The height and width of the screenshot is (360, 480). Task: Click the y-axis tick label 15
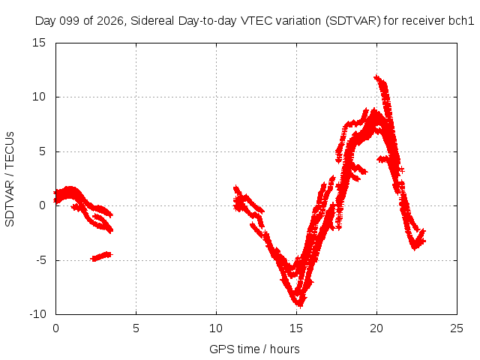coord(39,43)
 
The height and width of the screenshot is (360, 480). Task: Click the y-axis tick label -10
coord(37,314)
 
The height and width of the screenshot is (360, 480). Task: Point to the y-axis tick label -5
coord(40,260)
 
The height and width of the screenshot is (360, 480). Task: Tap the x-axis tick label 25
coord(457,328)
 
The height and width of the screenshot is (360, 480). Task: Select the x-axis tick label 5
coord(136,328)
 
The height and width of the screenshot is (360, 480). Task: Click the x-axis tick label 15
coord(296,328)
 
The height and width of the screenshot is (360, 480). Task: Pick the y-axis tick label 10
coord(39,97)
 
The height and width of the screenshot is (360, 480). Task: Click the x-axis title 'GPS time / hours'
coord(254,349)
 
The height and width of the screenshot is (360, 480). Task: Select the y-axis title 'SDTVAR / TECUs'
coord(10,179)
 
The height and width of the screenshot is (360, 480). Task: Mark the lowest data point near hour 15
coord(300,305)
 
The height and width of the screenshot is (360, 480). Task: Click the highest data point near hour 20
coord(376,77)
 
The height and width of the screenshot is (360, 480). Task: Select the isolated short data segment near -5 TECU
coord(102,256)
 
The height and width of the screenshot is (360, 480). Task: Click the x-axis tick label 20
coord(376,328)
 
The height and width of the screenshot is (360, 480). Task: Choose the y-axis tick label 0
coord(42,205)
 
